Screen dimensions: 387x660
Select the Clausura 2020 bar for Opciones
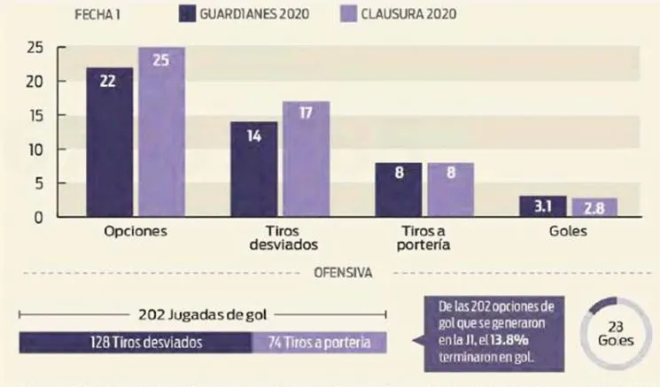pos(160,133)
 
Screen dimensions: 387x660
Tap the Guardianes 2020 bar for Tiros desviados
pos(253,169)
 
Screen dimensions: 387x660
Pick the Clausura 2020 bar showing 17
pos(306,159)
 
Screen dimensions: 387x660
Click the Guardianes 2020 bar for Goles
pos(544,206)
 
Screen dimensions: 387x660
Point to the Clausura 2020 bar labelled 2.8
pos(594,207)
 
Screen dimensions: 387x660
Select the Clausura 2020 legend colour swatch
pos(349,14)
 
